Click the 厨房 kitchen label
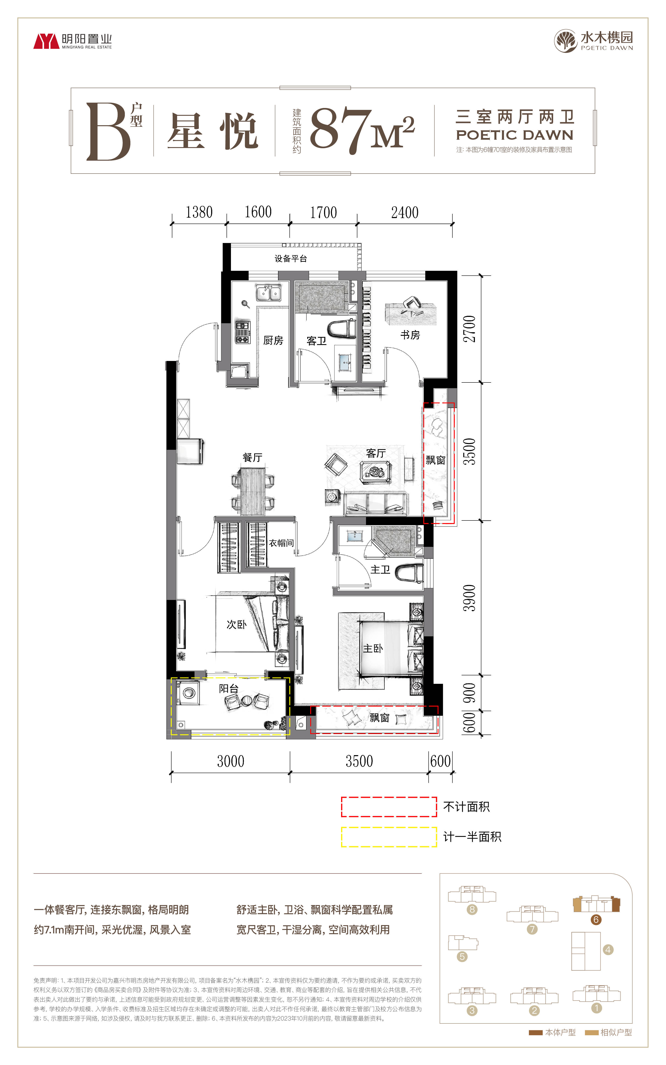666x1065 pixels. (273, 340)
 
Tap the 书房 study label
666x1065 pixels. (410, 335)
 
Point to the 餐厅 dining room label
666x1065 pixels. (252, 457)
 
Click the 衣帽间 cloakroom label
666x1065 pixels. (281, 543)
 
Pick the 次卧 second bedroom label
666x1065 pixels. (236, 624)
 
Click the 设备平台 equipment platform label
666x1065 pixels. (291, 259)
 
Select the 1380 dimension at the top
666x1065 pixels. (199, 212)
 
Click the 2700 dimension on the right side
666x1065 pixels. (470, 329)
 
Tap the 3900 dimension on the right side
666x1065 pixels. (470, 598)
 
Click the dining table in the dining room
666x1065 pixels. (253, 491)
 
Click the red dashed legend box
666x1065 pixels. (389, 807)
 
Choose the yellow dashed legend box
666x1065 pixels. (389, 837)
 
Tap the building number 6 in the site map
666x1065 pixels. (596, 919)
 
